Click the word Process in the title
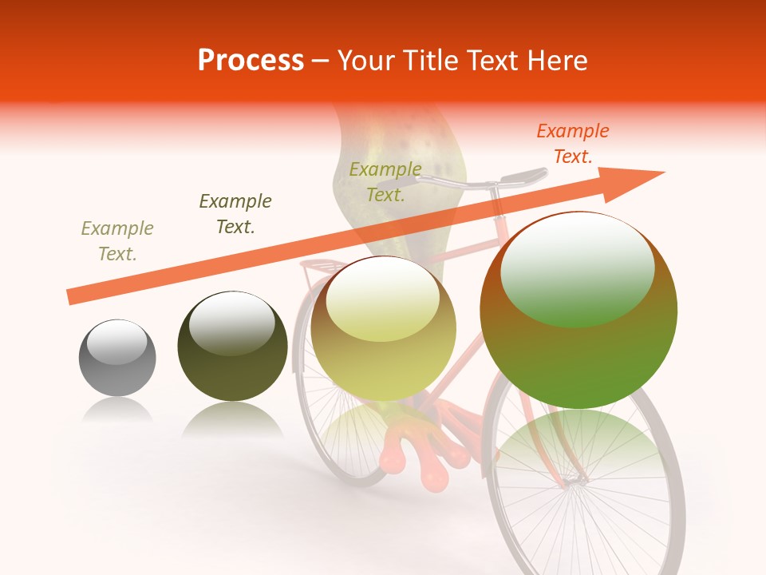(251, 61)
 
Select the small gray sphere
(117, 358)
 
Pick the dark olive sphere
(232, 347)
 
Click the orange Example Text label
(572, 144)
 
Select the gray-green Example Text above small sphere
(117, 241)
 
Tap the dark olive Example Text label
(235, 214)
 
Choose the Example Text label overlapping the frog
(385, 182)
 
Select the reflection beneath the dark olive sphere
(232, 419)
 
